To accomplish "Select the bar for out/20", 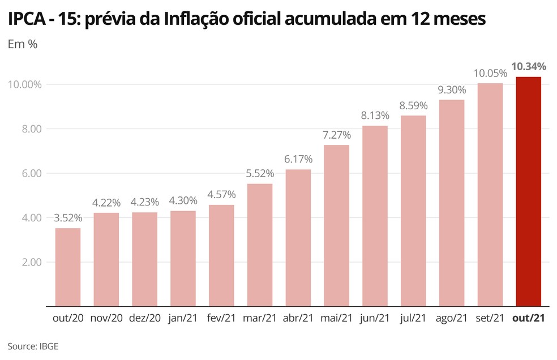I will [x=67, y=267].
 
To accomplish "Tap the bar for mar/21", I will [x=260, y=245].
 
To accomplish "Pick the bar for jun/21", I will [x=375, y=216].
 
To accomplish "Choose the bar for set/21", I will [x=490, y=195].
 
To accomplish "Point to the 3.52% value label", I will [x=68, y=218].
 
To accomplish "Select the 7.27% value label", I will [x=337, y=135].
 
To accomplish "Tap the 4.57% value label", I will [x=221, y=194].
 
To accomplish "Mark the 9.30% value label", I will [x=452, y=89].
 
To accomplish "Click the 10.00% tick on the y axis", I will [x=24, y=84].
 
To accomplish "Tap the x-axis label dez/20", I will [x=144, y=319].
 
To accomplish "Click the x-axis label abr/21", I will [x=298, y=319].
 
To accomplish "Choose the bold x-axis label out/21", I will [x=528, y=319].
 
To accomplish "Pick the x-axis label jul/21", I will [x=413, y=319].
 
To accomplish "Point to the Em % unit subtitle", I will [x=23, y=45].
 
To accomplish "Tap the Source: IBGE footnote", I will [x=33, y=346].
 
